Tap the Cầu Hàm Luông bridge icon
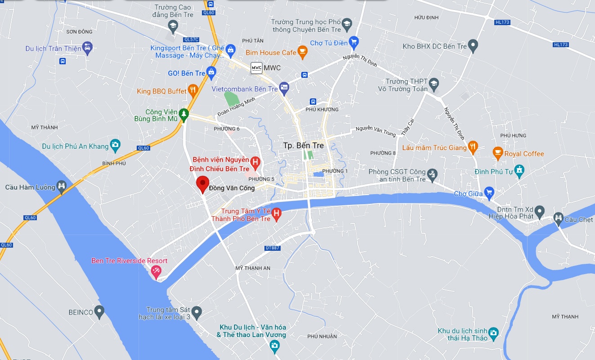tap(62, 186)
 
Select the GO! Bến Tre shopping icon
tap(212, 73)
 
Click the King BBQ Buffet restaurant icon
tap(193, 91)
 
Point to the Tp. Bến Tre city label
tap(304, 146)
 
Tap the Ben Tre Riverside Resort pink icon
tap(156, 271)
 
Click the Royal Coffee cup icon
tap(497, 153)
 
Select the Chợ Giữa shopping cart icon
tap(488, 194)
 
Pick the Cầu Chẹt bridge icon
tap(558, 219)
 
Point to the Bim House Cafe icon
tap(302, 53)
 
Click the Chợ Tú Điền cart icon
tap(354, 43)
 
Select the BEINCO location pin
tap(99, 311)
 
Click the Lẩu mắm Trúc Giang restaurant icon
tap(473, 147)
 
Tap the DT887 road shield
tap(273, 248)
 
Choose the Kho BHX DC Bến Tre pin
tap(473, 45)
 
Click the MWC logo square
tap(256, 68)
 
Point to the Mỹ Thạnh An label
tap(253, 268)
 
